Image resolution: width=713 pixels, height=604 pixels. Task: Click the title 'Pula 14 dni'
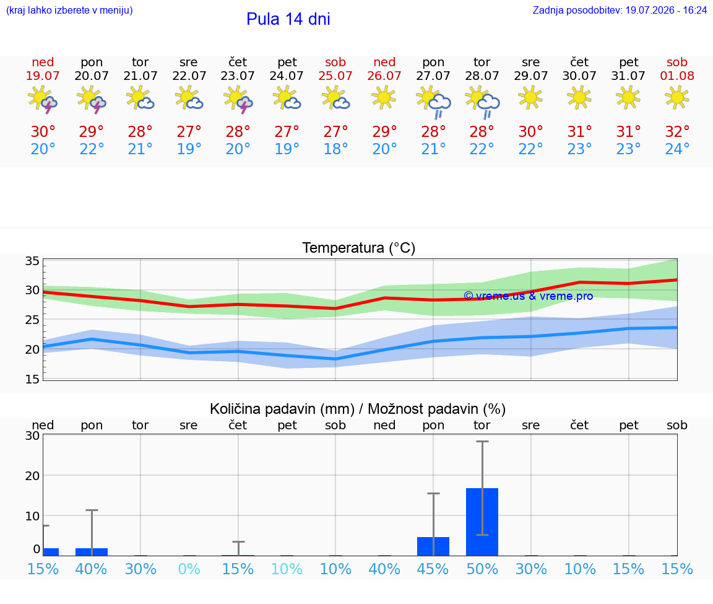(288, 19)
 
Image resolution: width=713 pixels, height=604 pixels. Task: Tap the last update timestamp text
(620, 10)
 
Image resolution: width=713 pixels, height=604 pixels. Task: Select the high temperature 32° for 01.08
(677, 132)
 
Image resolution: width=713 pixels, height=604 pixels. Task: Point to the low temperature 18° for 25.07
(335, 149)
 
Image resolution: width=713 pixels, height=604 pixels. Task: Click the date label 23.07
(238, 76)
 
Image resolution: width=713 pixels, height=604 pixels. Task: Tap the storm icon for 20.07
(92, 99)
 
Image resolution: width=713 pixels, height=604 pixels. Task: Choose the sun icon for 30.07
(579, 98)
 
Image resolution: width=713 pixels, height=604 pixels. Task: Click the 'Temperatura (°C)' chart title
(359, 248)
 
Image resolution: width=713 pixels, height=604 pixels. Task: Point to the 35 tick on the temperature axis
(32, 261)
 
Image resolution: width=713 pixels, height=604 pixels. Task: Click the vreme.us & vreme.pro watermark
(529, 296)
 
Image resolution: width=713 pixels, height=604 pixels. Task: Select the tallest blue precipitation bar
(482, 522)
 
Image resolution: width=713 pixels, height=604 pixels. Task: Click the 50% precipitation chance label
(482, 569)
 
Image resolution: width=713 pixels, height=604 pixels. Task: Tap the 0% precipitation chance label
(189, 569)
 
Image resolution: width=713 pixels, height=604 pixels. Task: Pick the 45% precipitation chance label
(433, 569)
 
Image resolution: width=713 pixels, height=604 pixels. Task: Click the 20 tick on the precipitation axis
(32, 476)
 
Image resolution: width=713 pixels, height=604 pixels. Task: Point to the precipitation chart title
(358, 409)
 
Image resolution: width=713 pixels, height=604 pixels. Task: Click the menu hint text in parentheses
(69, 10)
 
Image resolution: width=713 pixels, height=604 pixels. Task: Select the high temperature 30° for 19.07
(43, 132)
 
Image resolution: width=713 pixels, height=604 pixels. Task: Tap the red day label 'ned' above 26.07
(384, 62)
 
